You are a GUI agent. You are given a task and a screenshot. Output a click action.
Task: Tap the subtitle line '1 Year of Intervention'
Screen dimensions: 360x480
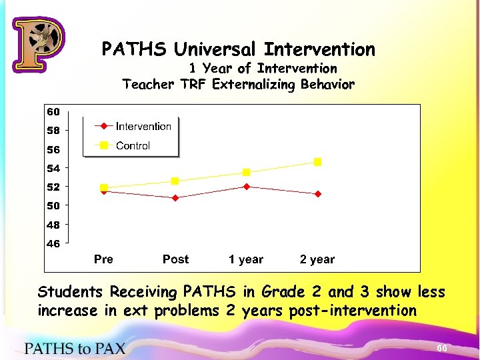tap(263, 68)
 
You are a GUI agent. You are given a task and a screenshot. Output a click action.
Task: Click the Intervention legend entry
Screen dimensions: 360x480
tap(143, 126)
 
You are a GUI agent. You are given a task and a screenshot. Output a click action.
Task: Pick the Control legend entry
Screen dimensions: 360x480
tap(133, 145)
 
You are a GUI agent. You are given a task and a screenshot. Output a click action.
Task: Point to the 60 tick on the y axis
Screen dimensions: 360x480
tap(53, 111)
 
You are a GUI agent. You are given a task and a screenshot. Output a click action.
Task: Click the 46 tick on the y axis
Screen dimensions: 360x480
tap(53, 243)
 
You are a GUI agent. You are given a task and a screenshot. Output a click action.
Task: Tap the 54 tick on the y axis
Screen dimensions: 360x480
tap(53, 168)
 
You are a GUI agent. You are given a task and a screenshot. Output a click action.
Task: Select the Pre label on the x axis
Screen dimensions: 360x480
tap(103, 259)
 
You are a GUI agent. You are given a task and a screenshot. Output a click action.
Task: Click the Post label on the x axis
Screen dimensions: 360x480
tap(175, 259)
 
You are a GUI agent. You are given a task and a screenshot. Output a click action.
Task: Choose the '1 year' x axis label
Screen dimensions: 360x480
tap(246, 259)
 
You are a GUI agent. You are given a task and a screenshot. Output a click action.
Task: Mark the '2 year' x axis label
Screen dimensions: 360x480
tap(317, 259)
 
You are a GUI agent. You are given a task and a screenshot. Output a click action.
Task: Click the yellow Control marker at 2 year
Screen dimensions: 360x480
tap(318, 162)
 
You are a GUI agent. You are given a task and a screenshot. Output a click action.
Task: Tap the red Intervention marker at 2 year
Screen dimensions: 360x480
tap(318, 194)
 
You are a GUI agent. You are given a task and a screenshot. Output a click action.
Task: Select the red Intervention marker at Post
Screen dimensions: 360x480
tap(175, 198)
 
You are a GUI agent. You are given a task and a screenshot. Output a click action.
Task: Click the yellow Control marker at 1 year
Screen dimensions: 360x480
tap(247, 173)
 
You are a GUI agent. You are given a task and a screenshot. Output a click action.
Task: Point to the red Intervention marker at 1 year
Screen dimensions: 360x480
tap(247, 187)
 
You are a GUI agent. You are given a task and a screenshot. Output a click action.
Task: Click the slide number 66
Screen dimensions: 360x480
tap(441, 349)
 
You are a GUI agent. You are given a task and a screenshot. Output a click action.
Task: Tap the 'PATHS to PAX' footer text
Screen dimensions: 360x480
tap(75, 347)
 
